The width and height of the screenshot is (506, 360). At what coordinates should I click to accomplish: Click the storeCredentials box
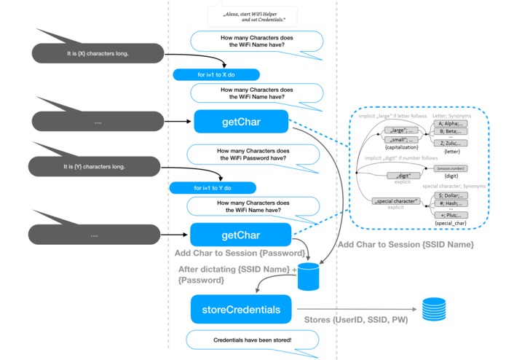pos(241,309)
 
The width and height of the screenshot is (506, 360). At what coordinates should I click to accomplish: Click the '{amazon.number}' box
pos(450,168)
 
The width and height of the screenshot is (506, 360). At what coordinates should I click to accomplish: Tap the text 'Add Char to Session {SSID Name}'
pos(406,244)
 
